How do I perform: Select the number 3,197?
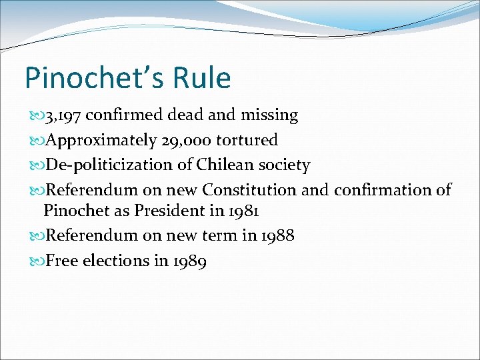[x=63, y=115]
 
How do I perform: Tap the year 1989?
[x=188, y=261]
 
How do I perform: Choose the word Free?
[x=62, y=261]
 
